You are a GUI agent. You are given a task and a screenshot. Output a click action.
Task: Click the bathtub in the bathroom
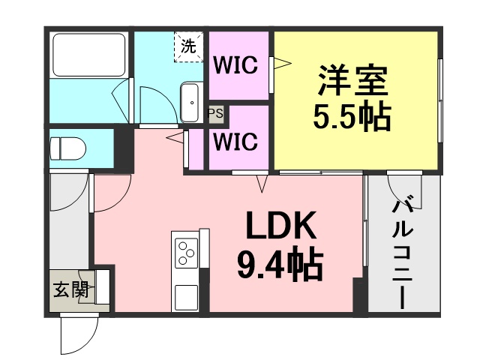[89, 55]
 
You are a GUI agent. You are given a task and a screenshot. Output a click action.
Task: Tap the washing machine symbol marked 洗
[188, 46]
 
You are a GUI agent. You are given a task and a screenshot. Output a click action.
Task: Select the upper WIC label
[235, 65]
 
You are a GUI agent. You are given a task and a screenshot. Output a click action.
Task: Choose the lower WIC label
[235, 142]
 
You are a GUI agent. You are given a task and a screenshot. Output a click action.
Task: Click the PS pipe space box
[216, 113]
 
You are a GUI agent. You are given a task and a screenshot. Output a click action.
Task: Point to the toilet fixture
[67, 148]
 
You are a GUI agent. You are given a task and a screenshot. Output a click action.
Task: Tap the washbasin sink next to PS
[190, 103]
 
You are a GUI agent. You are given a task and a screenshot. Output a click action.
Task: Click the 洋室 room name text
[352, 80]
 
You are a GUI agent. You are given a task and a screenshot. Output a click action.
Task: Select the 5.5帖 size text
[352, 117]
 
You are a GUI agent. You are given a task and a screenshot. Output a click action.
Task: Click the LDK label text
[281, 225]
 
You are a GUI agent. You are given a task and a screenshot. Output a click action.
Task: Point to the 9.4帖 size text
[280, 263]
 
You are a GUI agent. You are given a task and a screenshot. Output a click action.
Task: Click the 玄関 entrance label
[70, 289]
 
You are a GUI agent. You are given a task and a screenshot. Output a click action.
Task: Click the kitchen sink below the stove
[186, 297]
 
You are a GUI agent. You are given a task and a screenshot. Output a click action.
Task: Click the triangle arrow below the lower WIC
[262, 184]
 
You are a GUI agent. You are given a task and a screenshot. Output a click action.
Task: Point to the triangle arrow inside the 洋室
[282, 63]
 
